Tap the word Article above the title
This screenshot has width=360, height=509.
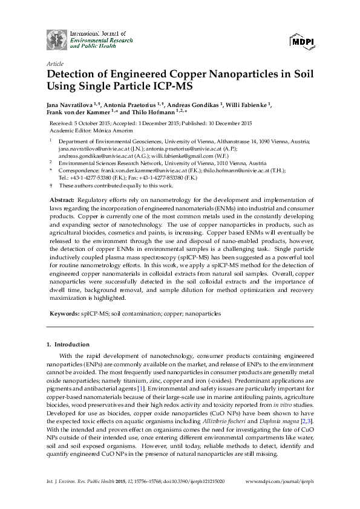(x=55, y=63)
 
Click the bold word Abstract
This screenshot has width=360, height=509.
(x=59, y=199)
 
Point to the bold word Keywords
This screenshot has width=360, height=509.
(x=63, y=314)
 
